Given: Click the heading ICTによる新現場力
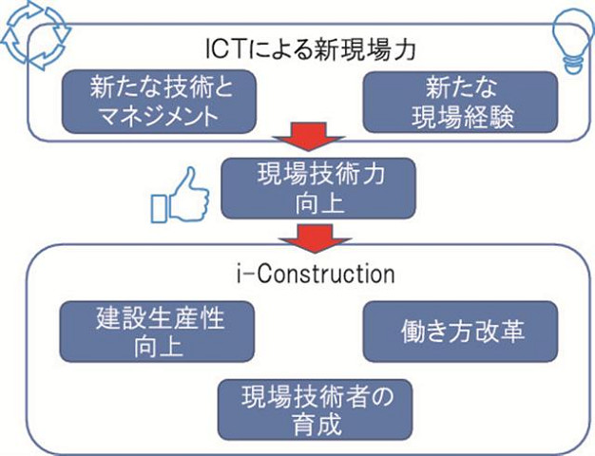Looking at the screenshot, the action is pos(310,49).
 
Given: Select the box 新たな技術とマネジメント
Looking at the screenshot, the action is pos(159,102).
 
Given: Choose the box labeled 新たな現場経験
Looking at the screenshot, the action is pos(460,102).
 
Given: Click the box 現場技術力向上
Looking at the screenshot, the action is pos(318,188).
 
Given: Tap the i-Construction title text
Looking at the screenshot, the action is pos(316,274).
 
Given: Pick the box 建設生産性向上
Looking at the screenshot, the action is pos(157,332).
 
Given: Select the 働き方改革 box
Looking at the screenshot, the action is pos(460,332).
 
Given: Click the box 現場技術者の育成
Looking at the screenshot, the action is pos(316,409).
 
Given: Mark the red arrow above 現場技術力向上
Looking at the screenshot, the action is pos(308,137).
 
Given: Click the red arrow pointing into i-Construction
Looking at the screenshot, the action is pos(315,238).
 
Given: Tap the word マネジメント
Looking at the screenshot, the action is pos(160,116).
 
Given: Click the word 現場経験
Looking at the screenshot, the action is pos(463,117).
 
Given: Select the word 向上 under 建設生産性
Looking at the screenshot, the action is pos(158,346).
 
